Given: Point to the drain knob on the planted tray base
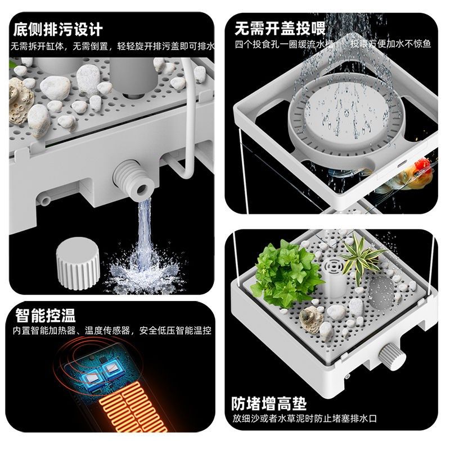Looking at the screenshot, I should [x=388, y=356].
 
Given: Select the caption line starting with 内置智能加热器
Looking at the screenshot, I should [x=112, y=331].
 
